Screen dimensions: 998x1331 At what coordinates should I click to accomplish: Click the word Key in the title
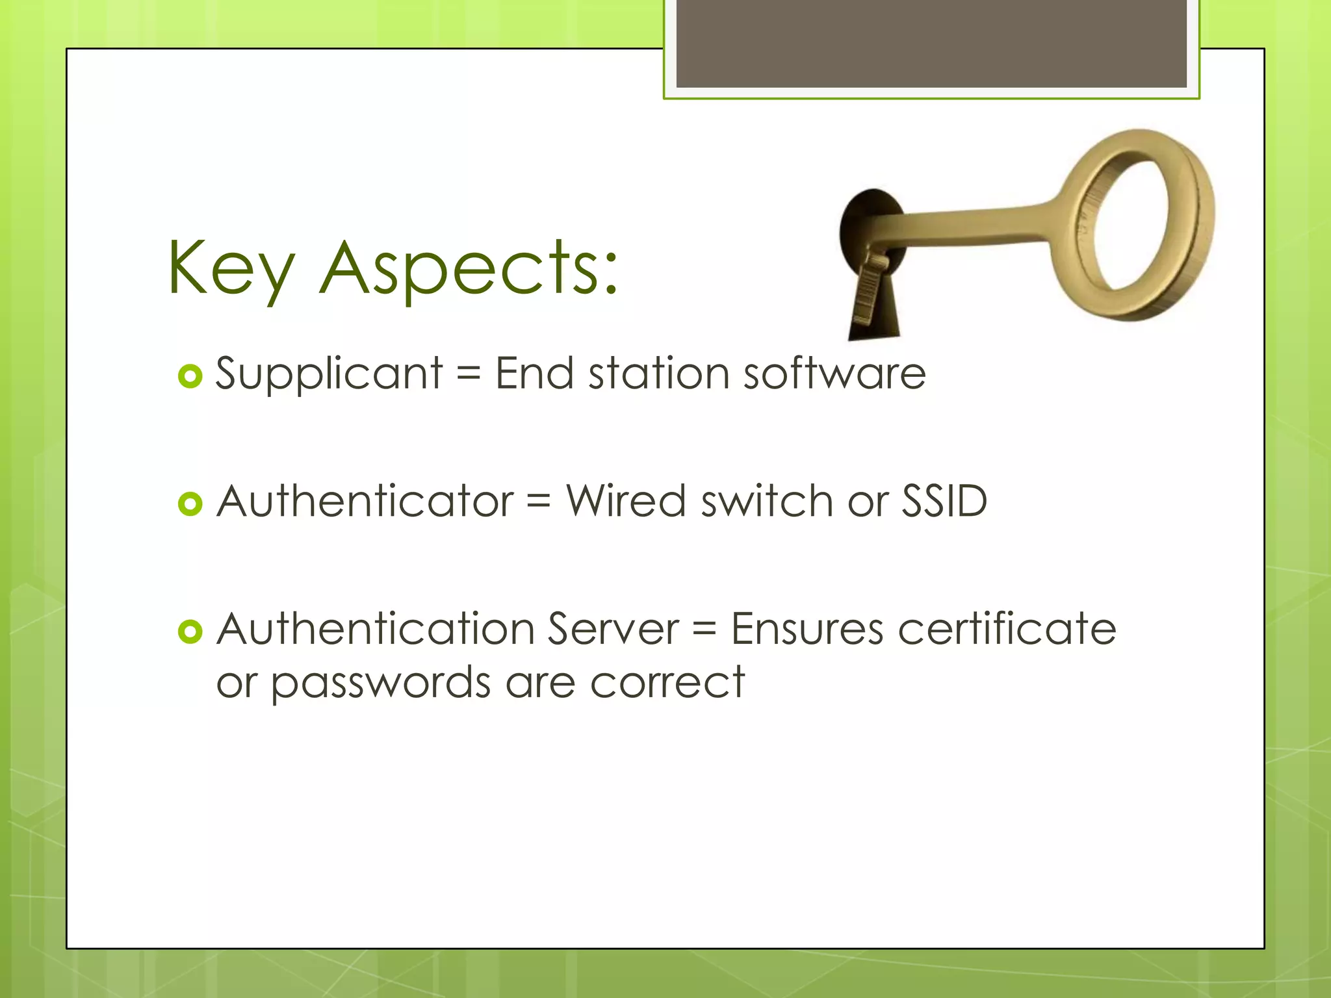[x=231, y=268]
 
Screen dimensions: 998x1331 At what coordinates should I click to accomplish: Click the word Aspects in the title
[x=468, y=268]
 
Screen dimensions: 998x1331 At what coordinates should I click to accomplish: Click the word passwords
[x=381, y=684]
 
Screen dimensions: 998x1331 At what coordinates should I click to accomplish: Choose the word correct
[x=667, y=684]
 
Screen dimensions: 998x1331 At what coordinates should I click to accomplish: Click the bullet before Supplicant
[x=190, y=376]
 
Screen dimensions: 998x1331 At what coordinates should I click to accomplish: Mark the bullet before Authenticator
[x=190, y=504]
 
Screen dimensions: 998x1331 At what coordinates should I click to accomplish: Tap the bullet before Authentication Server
[x=190, y=632]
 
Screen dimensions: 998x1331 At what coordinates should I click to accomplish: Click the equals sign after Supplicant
[x=469, y=375]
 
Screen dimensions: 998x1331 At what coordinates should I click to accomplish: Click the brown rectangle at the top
[x=931, y=43]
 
